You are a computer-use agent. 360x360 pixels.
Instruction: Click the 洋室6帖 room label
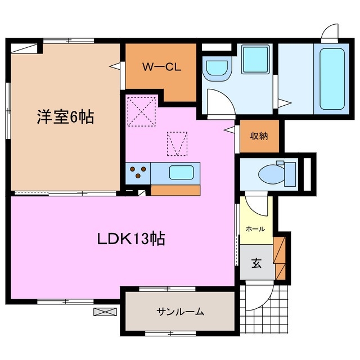point(65,118)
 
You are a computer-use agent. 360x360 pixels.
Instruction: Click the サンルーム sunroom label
point(179,311)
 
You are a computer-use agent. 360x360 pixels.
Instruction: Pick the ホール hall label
point(255,229)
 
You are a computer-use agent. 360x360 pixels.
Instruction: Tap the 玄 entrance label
point(256,263)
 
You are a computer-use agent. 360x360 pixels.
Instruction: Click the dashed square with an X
point(142,111)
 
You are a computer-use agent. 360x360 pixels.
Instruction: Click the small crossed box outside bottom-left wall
point(104,310)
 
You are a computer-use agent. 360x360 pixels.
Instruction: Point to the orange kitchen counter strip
point(175,190)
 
